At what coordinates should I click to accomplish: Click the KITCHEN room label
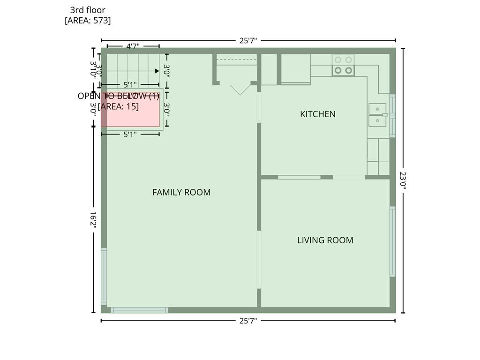tap(317, 114)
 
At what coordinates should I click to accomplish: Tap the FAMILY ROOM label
tap(181, 192)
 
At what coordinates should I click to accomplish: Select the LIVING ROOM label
tap(325, 240)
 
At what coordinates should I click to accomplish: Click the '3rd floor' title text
tap(88, 10)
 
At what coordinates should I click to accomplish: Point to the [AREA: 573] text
tap(88, 20)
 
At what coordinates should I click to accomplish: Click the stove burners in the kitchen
tap(343, 65)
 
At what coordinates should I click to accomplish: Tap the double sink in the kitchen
tap(377, 115)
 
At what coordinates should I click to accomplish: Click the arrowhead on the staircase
tap(157, 71)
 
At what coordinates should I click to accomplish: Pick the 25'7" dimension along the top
tap(248, 41)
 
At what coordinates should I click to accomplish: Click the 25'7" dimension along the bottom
tap(248, 321)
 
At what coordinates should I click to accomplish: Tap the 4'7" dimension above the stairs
tap(133, 46)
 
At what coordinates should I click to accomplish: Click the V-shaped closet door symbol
tap(240, 90)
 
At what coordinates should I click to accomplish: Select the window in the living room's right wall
tap(392, 241)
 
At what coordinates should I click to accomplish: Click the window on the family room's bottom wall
tap(139, 310)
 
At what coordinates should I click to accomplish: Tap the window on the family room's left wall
tap(104, 276)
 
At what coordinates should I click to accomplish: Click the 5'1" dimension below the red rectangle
tap(130, 134)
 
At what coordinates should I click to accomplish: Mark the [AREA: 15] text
tap(118, 106)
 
